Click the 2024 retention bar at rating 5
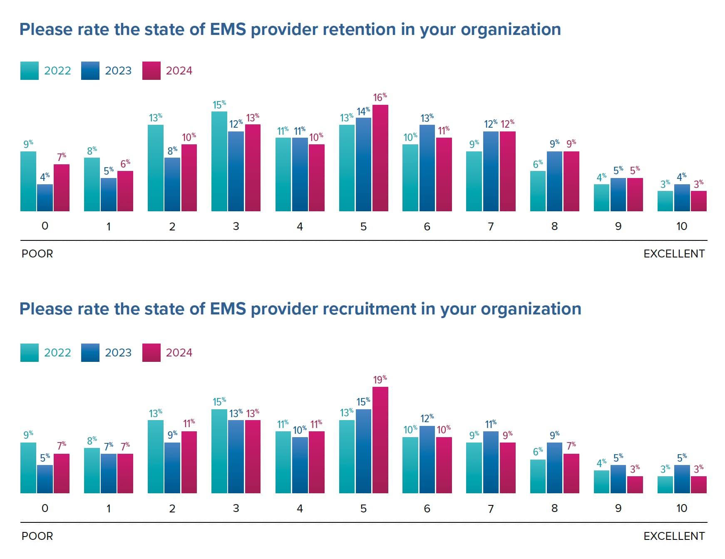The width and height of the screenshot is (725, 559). point(380,158)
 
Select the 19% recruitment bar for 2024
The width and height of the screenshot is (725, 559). point(380,440)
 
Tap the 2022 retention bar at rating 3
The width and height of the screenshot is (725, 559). point(219,161)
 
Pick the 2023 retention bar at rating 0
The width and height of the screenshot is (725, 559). point(45,198)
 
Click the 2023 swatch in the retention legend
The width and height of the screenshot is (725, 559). point(90,71)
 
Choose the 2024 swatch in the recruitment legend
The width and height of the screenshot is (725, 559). point(151,353)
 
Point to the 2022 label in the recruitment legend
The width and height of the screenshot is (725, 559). point(57,353)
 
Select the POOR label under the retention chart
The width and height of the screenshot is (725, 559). point(37,254)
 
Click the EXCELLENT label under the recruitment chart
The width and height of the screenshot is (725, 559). point(674,536)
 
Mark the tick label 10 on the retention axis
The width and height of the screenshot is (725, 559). point(681,226)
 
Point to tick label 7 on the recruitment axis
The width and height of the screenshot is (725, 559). point(491,509)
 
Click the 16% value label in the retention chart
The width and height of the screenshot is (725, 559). point(380,98)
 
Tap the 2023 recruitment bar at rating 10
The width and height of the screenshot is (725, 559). point(682,479)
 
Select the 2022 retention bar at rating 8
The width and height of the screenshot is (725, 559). point(538,191)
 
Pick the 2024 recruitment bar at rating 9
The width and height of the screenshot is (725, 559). point(635,485)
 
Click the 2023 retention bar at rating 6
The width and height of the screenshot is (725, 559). point(427,168)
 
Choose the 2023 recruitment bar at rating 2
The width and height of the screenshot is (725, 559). point(172,468)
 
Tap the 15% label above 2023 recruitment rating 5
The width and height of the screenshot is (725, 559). point(363,402)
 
